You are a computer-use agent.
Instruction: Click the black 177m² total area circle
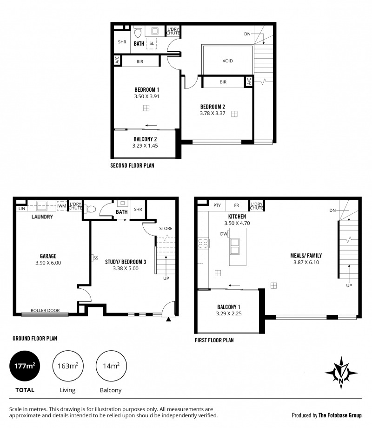tap(25, 366)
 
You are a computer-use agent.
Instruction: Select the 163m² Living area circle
tap(68, 366)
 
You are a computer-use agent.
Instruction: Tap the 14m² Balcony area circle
tap(111, 366)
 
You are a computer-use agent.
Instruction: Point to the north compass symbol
tap(341, 373)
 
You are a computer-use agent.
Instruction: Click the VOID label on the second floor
tap(227, 61)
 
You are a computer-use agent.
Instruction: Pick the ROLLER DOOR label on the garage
tap(45, 310)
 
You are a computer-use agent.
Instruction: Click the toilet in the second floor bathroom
tap(138, 32)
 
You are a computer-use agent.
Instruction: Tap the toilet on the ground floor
tap(91, 210)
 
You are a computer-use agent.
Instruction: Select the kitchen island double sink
tap(235, 246)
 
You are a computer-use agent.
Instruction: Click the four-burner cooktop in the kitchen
tap(203, 244)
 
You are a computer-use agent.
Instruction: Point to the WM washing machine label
tap(62, 206)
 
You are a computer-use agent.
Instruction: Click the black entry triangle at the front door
tap(168, 319)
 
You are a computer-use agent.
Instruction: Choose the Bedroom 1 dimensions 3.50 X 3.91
tap(146, 96)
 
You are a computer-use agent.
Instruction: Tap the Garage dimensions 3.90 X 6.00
tap(48, 263)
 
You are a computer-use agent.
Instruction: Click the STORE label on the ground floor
tap(166, 229)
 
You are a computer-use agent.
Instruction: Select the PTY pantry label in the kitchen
tap(217, 205)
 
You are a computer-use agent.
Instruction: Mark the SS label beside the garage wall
tap(96, 258)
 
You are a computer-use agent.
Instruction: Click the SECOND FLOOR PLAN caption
tap(132, 165)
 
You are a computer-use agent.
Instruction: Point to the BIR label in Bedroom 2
tap(223, 82)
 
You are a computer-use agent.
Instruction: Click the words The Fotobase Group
tap(340, 415)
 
